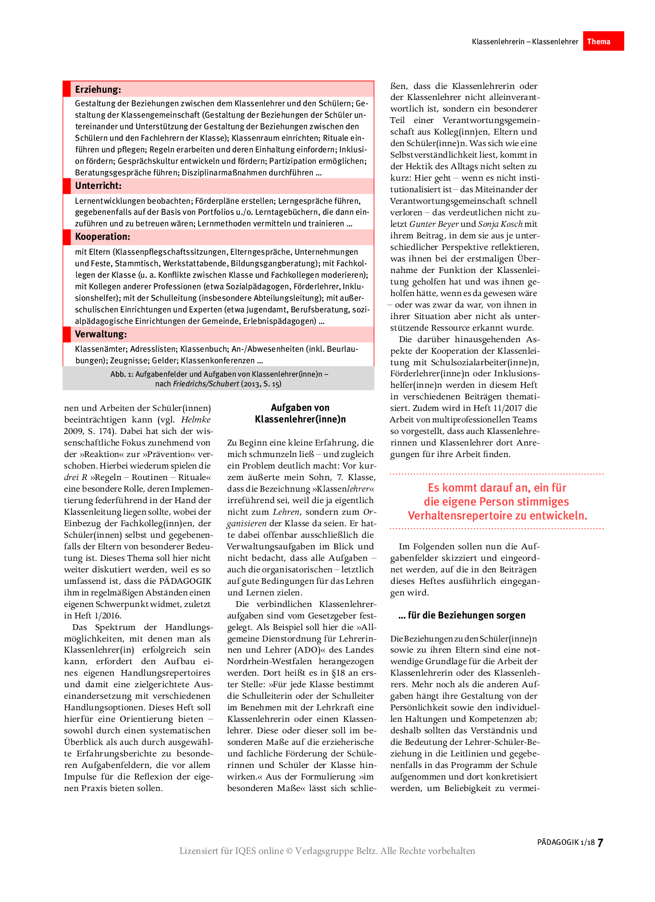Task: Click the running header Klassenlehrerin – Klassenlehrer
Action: tap(525, 42)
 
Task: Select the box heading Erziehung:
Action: tap(98, 89)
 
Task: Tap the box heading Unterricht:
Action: tap(98, 185)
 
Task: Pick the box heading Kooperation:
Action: tap(102, 236)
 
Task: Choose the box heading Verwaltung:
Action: tap(100, 334)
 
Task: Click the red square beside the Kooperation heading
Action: tap(67, 237)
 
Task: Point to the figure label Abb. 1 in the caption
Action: tap(122, 374)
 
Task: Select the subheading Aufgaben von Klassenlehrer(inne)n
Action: tap(300, 413)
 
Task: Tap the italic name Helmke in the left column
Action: tap(196, 420)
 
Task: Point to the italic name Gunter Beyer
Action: tap(434, 224)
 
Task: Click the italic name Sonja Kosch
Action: tap(500, 224)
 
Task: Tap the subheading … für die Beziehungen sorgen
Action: tap(462, 616)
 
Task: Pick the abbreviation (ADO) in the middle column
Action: tap(307, 650)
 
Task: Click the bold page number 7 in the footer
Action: tap(600, 842)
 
